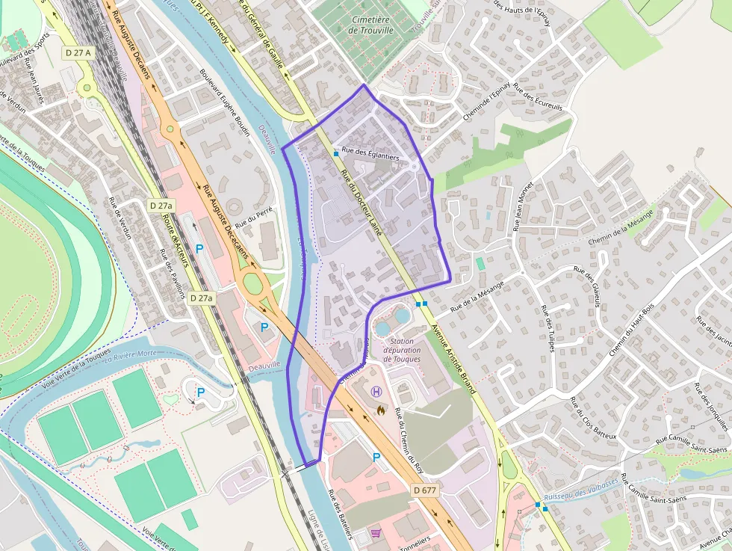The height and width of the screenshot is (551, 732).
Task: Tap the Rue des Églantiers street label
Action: point(370,155)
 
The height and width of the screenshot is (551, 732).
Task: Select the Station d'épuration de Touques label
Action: point(402,350)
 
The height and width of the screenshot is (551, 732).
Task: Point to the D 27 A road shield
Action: point(77,52)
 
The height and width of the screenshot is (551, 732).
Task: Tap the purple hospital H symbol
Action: point(376,391)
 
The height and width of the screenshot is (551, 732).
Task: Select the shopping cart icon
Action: point(376,534)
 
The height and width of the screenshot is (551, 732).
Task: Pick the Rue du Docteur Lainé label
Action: point(362,203)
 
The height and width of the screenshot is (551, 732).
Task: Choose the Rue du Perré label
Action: point(253,218)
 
